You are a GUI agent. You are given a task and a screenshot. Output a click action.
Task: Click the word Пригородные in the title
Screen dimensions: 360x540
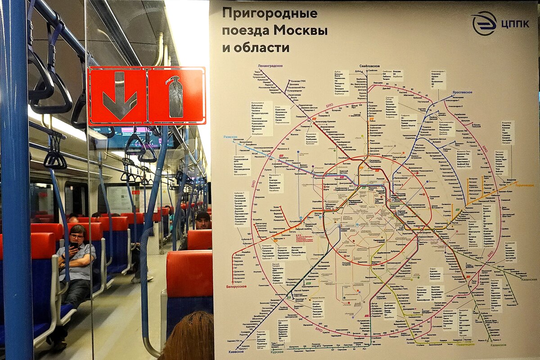[x=269, y=13]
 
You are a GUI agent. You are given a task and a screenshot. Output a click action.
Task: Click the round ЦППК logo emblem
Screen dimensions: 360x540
[x=484, y=22]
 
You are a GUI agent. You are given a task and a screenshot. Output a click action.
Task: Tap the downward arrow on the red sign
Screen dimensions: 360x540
[x=119, y=95]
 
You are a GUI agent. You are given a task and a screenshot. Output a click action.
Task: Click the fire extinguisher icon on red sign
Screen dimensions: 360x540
[x=175, y=96]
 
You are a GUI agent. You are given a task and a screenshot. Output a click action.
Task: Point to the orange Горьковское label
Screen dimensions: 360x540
[x=522, y=185]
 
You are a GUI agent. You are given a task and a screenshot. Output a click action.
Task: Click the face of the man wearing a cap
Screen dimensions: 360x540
[x=203, y=222]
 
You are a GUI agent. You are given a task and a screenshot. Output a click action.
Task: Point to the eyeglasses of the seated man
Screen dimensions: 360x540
[x=77, y=235]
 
